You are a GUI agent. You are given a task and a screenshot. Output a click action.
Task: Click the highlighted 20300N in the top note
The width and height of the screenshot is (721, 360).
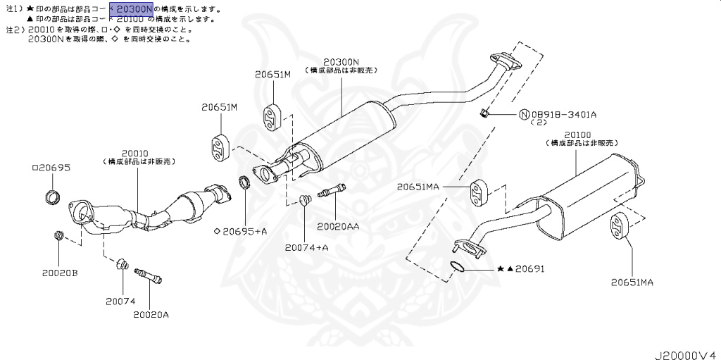(x=134, y=9)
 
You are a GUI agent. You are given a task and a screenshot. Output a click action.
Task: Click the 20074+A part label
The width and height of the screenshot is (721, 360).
(x=307, y=247)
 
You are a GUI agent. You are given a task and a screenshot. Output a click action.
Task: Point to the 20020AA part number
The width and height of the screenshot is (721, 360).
(x=338, y=226)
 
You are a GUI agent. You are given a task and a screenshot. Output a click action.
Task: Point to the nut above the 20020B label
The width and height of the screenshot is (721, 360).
(x=58, y=235)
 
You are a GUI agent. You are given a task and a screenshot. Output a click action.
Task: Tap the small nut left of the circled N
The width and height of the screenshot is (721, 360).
(x=484, y=113)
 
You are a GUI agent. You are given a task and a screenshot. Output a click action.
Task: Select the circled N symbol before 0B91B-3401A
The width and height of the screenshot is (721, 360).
(x=525, y=113)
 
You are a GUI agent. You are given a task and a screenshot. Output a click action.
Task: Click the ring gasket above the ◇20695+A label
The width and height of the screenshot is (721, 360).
(x=245, y=183)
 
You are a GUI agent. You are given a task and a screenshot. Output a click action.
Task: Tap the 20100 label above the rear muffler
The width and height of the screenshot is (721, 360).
(x=577, y=134)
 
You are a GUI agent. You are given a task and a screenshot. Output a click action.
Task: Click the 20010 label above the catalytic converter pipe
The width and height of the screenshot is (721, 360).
(x=134, y=153)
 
